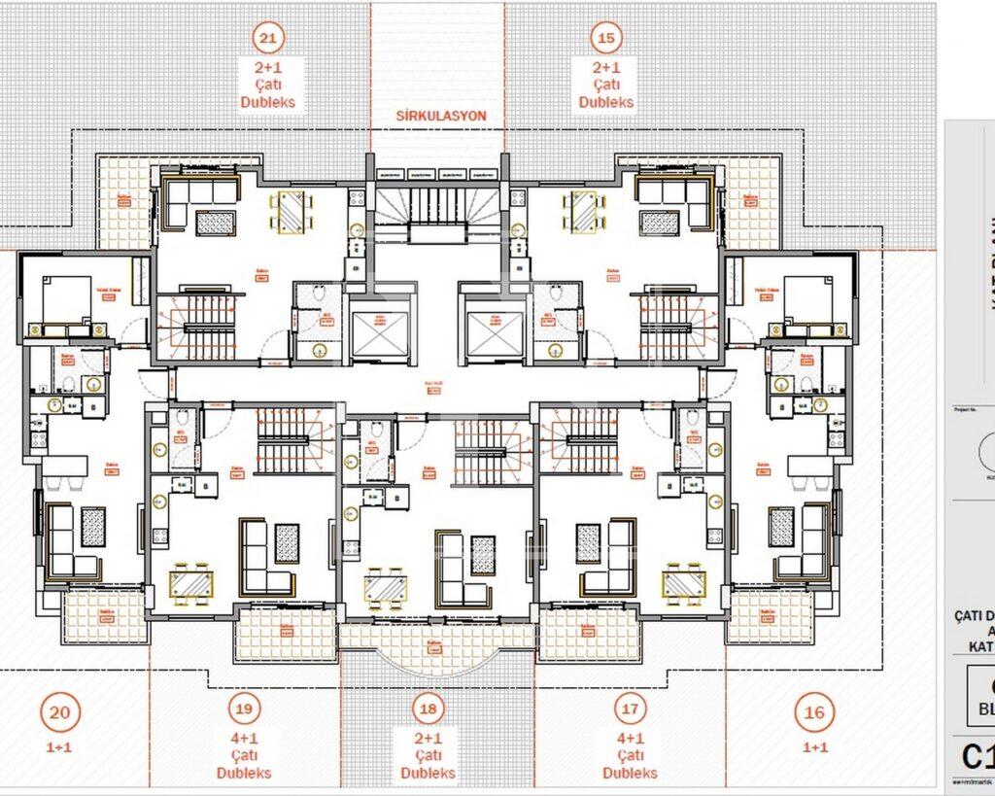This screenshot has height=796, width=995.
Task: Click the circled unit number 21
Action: point(268,39)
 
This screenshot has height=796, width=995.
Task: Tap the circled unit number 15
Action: point(606,39)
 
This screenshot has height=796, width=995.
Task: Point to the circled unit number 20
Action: point(59,712)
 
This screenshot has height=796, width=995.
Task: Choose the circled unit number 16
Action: point(813,712)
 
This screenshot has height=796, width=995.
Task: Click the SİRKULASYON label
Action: point(440,116)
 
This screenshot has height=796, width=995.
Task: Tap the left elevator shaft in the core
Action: point(379,332)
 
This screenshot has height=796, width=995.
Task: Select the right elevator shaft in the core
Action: point(495,332)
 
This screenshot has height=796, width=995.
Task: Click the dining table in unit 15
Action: point(583,211)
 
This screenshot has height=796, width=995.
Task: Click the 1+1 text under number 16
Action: point(815,747)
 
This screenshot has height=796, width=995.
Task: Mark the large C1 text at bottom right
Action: point(978,756)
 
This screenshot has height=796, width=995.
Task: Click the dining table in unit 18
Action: point(386,587)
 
